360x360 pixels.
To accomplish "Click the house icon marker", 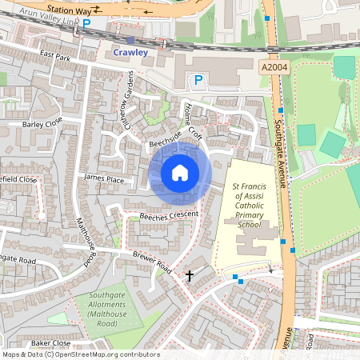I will click(x=180, y=172).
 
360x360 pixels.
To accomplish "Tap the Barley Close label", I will click(x=42, y=124).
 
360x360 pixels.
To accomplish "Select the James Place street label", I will click(x=104, y=180).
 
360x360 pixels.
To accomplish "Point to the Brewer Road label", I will click(x=152, y=262).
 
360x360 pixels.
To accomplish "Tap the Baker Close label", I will click(x=52, y=342).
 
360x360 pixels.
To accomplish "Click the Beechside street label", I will click(x=166, y=142).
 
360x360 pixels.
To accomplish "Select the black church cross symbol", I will click(x=190, y=276).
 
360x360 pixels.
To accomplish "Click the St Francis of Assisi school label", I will click(x=249, y=205).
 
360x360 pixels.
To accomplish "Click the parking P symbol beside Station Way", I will click(x=86, y=24).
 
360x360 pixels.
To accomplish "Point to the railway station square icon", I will click(x=130, y=39).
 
